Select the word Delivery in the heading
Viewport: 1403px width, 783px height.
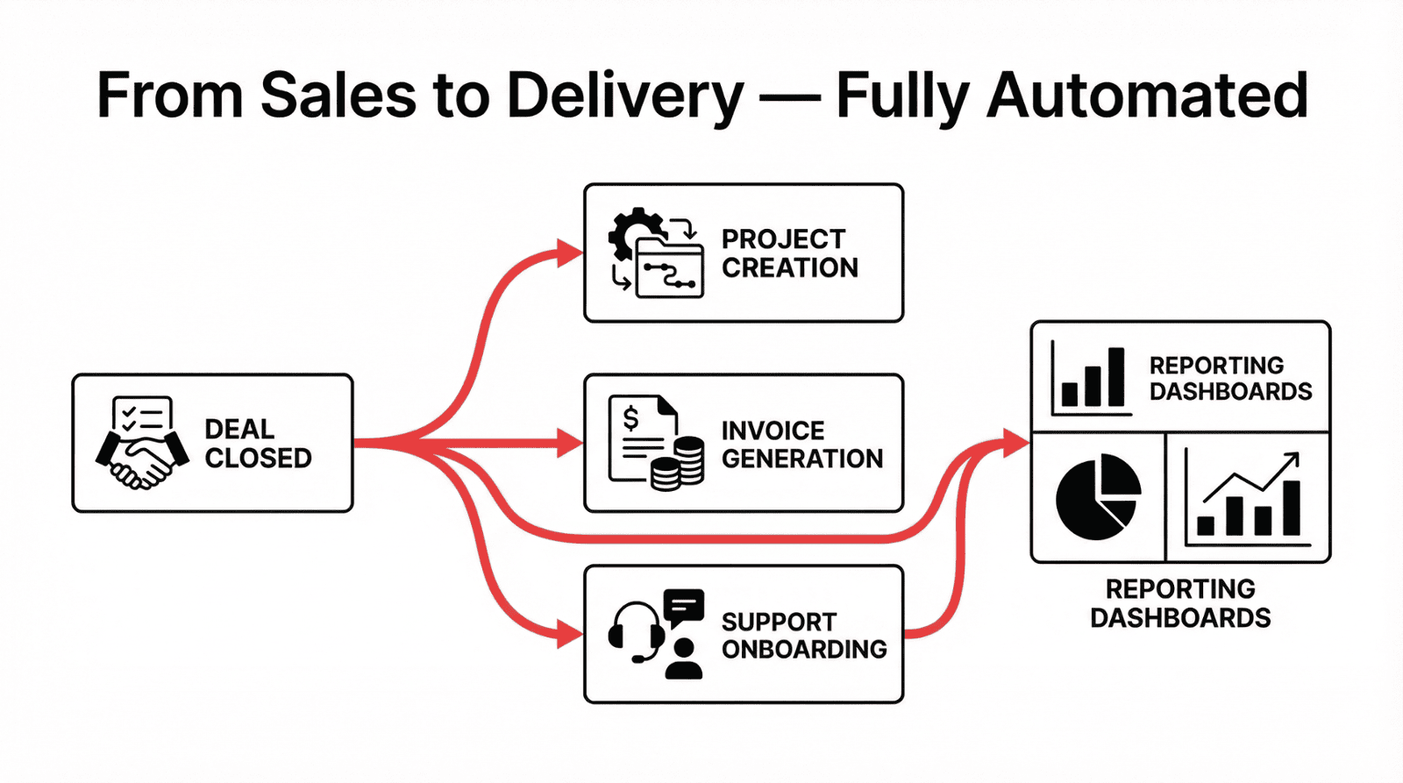click(625, 96)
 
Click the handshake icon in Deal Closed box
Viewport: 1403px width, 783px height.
click(141, 459)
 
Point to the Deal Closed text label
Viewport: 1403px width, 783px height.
click(258, 444)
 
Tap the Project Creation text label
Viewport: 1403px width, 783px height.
click(789, 253)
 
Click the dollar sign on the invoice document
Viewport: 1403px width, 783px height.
click(630, 419)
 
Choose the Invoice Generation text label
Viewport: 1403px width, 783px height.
click(801, 445)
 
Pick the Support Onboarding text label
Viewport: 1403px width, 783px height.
click(803, 636)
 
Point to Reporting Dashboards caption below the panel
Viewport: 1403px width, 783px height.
click(1180, 603)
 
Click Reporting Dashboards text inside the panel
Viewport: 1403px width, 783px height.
click(1229, 378)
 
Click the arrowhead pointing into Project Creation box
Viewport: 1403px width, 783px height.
click(571, 253)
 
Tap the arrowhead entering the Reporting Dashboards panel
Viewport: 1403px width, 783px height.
click(1017, 443)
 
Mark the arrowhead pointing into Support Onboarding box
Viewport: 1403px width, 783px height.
click(571, 634)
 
